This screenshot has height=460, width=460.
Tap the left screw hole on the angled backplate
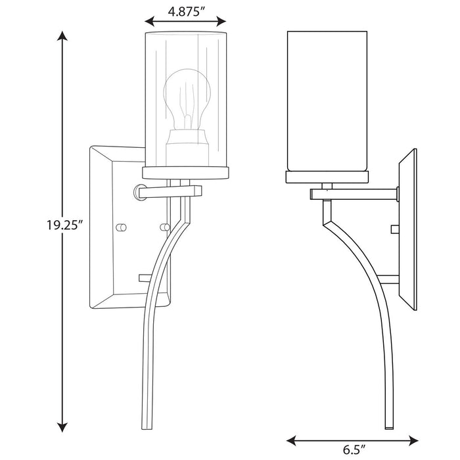pos(120,227)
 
